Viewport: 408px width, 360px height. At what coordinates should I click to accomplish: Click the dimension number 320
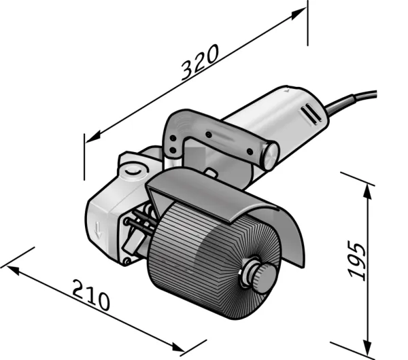[200, 62]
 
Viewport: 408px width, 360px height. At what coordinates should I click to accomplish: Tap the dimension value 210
[91, 295]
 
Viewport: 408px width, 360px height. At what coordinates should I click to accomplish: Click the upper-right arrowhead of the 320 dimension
[299, 14]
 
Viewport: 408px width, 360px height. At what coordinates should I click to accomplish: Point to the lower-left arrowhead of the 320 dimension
[93, 137]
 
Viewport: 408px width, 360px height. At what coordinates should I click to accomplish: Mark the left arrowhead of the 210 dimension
[12, 270]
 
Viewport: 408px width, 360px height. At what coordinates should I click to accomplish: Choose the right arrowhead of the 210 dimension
[178, 347]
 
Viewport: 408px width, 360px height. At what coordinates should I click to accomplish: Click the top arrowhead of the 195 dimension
[367, 190]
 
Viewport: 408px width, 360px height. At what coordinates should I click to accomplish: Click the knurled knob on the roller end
[264, 276]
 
